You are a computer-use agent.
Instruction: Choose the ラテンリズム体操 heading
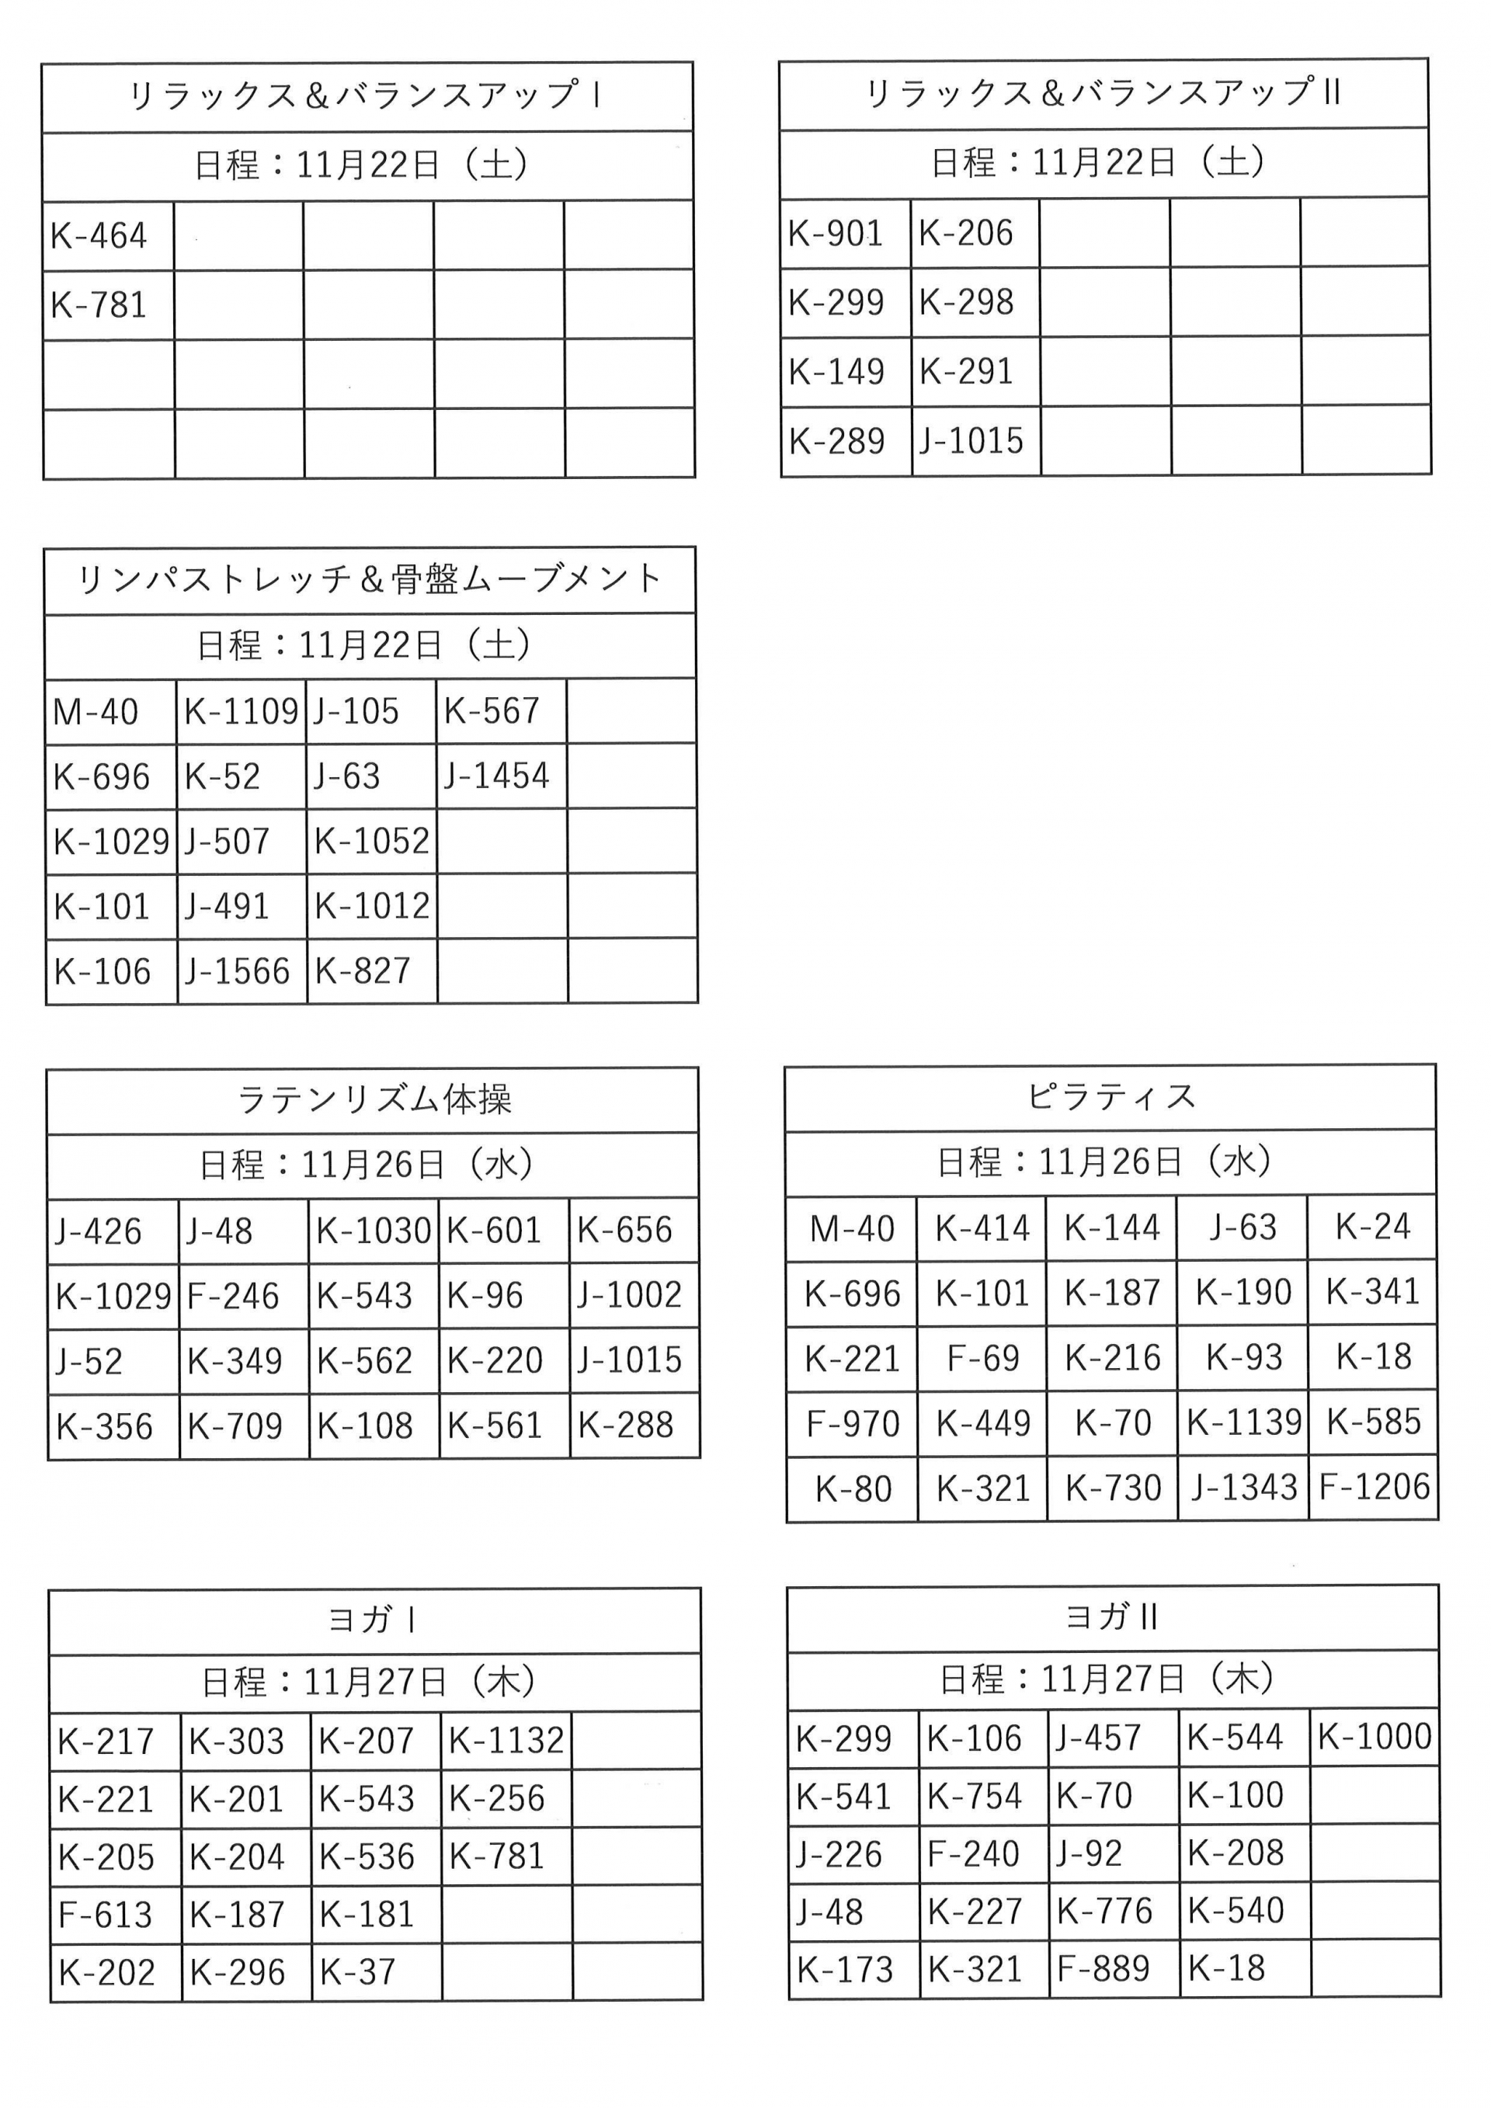tap(373, 1099)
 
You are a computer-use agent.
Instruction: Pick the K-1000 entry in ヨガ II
tap(1375, 1736)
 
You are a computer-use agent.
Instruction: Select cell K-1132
tap(506, 1740)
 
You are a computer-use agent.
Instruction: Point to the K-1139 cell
tap(1243, 1422)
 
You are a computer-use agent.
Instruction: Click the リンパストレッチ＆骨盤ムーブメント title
tap(370, 579)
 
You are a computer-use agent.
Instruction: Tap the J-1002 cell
tap(630, 1294)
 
